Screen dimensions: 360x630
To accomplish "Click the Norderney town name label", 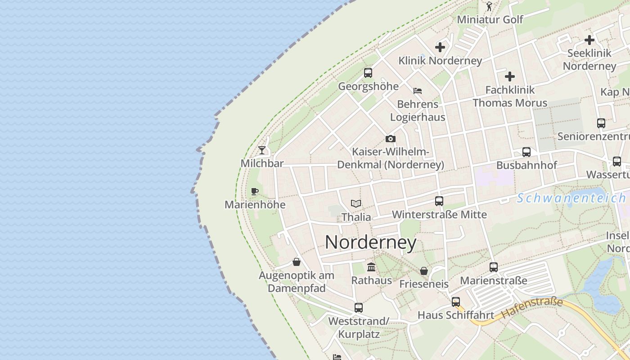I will click(370, 243).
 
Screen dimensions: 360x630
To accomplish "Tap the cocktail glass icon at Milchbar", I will click(262, 150).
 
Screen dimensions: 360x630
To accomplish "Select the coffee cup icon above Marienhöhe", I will click(255, 191).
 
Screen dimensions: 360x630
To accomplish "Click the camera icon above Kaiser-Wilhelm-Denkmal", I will click(390, 139).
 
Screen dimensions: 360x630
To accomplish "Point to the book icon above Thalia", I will click(356, 203).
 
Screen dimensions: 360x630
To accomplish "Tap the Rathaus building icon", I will click(371, 267).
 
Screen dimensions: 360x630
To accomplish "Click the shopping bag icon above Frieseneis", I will click(423, 271).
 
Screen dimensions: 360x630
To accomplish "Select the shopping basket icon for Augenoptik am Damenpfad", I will click(297, 262).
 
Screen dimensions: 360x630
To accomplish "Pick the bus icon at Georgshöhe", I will click(368, 72).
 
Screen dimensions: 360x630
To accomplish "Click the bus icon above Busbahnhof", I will click(526, 152).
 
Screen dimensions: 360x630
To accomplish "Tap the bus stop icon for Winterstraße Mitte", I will click(439, 201).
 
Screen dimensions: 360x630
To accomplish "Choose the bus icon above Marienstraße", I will click(493, 267).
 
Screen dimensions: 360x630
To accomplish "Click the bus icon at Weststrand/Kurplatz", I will click(358, 308).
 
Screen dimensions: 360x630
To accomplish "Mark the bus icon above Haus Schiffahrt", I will click(455, 302).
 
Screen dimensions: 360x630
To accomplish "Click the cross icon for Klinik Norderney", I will click(440, 47).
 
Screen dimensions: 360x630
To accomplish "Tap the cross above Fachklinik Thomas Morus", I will click(509, 76).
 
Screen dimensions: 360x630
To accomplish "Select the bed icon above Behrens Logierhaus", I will click(418, 91).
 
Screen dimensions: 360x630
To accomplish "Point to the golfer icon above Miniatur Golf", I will click(490, 6).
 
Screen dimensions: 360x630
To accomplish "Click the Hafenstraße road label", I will click(532, 308).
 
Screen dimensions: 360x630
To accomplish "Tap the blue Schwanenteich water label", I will click(571, 198).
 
